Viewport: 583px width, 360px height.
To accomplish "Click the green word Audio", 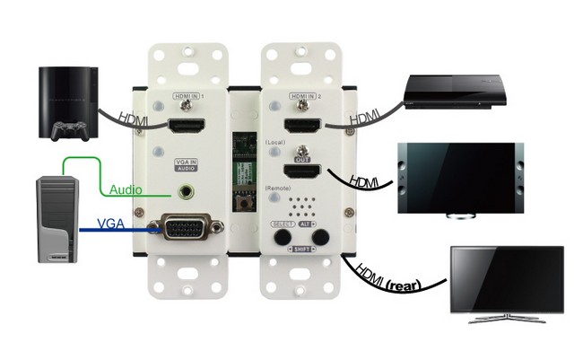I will [126, 189].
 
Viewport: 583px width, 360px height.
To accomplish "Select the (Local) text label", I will [278, 143].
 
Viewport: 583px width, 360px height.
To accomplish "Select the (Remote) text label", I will [281, 187].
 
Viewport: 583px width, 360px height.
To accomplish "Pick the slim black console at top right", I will [452, 89].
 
